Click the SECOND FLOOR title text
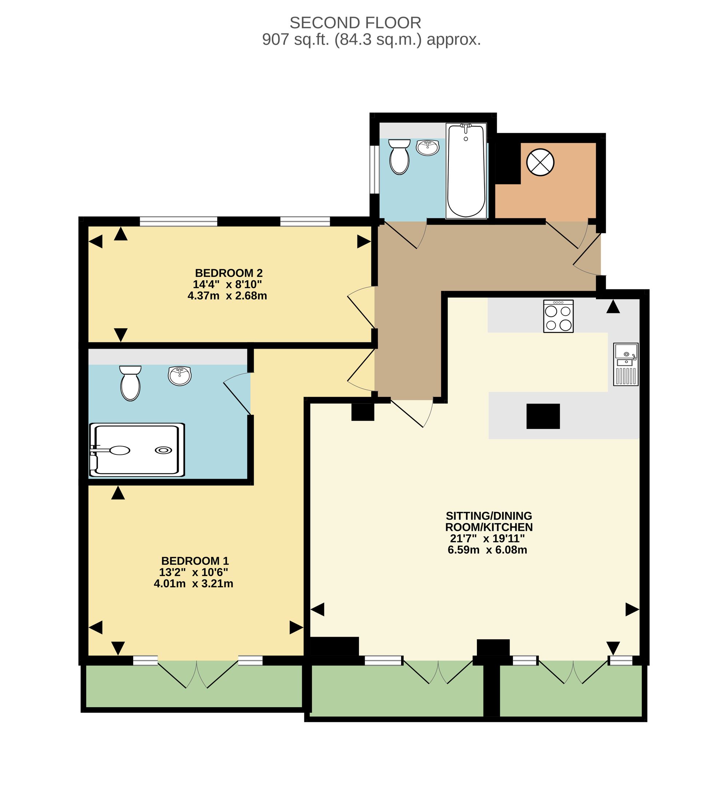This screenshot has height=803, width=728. (355, 23)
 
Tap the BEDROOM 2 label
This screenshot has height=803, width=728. (229, 273)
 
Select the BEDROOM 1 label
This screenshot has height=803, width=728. (195, 561)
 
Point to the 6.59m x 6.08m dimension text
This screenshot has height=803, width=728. (487, 550)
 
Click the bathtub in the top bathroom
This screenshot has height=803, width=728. (466, 171)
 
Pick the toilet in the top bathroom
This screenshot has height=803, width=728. (399, 156)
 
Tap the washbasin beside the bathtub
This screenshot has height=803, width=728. (428, 147)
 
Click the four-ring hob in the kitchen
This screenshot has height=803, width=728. (558, 316)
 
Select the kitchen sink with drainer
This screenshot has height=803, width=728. (626, 365)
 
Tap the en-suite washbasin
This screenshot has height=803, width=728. (180, 376)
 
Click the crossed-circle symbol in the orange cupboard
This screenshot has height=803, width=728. (540, 162)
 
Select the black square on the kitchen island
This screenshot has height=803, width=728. (543, 416)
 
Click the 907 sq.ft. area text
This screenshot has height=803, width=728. (295, 40)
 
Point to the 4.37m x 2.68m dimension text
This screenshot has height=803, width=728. (227, 296)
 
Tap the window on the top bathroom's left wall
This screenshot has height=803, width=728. (374, 170)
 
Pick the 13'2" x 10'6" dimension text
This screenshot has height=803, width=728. (194, 572)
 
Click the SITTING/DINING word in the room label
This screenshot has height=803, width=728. (489, 516)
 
